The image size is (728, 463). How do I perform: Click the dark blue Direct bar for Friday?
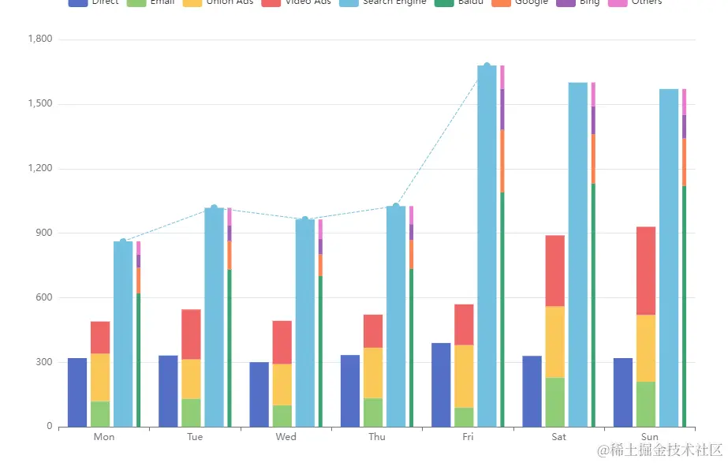(441, 385)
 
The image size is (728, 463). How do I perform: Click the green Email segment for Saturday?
(554, 402)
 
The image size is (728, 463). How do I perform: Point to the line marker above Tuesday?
(214, 208)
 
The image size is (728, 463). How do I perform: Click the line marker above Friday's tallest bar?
(487, 66)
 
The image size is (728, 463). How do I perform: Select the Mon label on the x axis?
(103, 437)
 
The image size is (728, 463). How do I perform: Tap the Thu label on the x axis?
(377, 437)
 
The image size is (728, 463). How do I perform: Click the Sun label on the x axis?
(650, 437)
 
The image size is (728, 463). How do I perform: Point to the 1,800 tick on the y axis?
(39, 39)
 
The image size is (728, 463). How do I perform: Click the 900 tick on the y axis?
(43, 233)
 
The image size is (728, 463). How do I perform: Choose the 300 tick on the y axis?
(43, 362)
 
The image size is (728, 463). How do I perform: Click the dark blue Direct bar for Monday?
(77, 393)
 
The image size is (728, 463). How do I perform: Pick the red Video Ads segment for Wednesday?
(282, 342)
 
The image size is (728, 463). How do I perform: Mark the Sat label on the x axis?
(558, 437)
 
